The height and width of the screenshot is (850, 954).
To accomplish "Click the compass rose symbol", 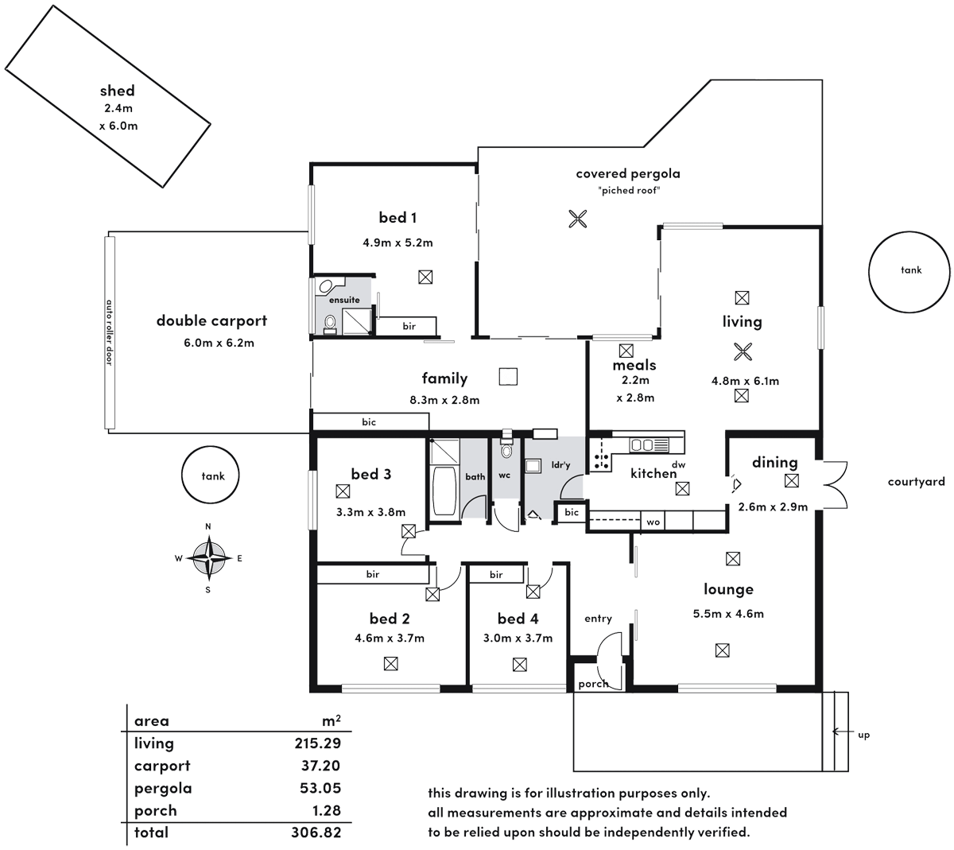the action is pos(208,557).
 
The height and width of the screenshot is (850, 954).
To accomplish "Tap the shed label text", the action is pos(118,91).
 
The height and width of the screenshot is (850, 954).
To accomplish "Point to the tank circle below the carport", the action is pos(212,476).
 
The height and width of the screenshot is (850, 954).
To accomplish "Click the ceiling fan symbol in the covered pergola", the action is pos(578,219).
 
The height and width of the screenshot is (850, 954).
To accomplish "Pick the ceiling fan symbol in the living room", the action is pos(741,351).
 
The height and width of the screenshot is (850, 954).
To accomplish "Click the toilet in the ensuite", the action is pos(329,323).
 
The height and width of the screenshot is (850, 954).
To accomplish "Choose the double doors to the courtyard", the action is pos(833,485).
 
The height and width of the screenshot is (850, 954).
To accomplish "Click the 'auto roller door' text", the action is pos(110,331).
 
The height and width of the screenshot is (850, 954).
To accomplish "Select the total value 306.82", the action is pos(317,833).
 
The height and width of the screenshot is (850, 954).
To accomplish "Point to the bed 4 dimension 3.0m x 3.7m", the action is pos(518,638).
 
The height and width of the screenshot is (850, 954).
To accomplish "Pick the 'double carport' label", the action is pos(211,321).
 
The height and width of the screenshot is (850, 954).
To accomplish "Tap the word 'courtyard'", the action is pos(916,481).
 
